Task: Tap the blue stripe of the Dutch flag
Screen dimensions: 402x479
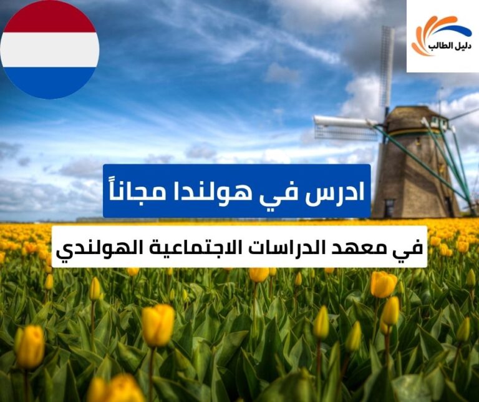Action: (49, 82)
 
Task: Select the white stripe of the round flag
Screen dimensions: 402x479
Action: (49, 49)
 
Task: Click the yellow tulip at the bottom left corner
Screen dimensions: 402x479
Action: (29, 346)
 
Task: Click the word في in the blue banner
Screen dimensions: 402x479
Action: (291, 192)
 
